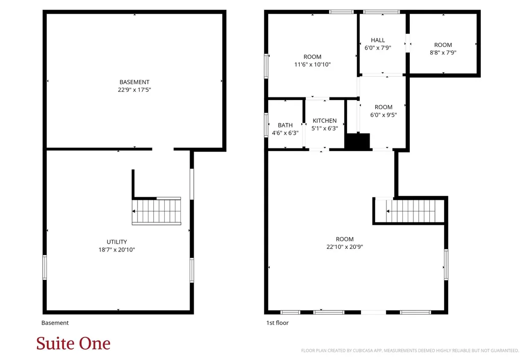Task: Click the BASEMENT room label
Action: (135, 82)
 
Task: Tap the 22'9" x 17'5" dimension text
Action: (135, 90)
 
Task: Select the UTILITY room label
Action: (117, 242)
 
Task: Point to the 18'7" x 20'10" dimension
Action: (117, 249)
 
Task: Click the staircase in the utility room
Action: (156, 211)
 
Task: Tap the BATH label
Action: (285, 125)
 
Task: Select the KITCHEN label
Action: (325, 120)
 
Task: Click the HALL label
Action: (378, 40)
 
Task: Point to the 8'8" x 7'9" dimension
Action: (443, 53)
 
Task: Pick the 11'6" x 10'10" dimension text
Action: (312, 64)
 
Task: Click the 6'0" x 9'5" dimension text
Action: (383, 115)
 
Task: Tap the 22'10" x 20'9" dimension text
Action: (345, 247)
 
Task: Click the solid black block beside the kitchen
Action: (357, 141)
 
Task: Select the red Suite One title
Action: (73, 343)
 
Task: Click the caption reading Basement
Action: (55, 323)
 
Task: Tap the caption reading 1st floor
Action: (277, 323)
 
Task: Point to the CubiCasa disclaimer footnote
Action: (410, 350)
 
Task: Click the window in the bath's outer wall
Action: (266, 124)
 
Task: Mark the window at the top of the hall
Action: (381, 12)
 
